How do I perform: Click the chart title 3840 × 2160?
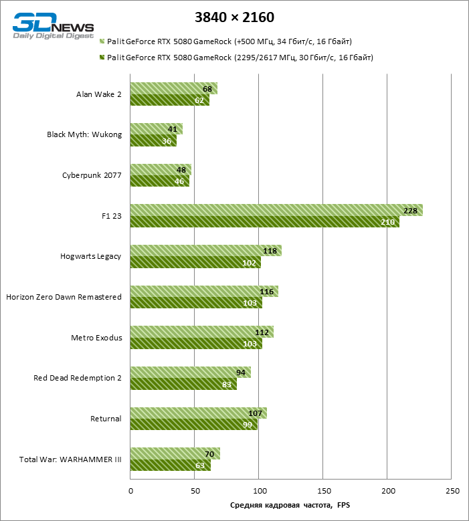pyautogui.click(x=234, y=17)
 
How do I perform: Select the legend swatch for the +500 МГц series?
pyautogui.click(x=102, y=41)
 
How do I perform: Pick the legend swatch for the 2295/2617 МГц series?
pyautogui.click(x=102, y=58)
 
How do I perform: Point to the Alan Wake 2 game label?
pyautogui.click(x=99, y=94)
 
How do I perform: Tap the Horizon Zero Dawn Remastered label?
pyautogui.click(x=64, y=297)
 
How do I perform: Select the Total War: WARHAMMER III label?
pyautogui.click(x=70, y=459)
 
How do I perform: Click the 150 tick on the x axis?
pyautogui.click(x=323, y=492)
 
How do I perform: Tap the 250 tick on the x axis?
pyautogui.click(x=452, y=492)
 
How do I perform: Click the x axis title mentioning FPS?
pyautogui.click(x=290, y=506)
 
